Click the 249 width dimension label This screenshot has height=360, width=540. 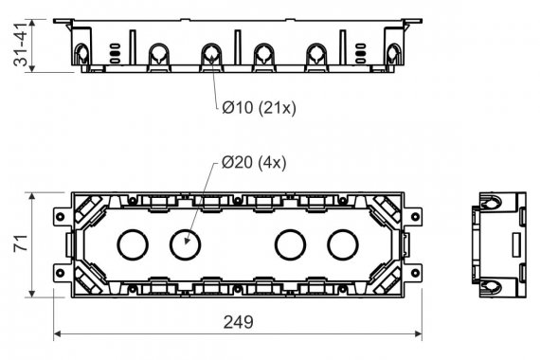[x=239, y=322]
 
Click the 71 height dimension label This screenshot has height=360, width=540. [x=21, y=243]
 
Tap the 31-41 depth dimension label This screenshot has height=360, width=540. [x=20, y=45]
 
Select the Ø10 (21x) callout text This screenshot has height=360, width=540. [x=259, y=108]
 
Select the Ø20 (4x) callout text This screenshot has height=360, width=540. [x=254, y=162]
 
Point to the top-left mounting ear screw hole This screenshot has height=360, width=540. [x=61, y=217]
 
